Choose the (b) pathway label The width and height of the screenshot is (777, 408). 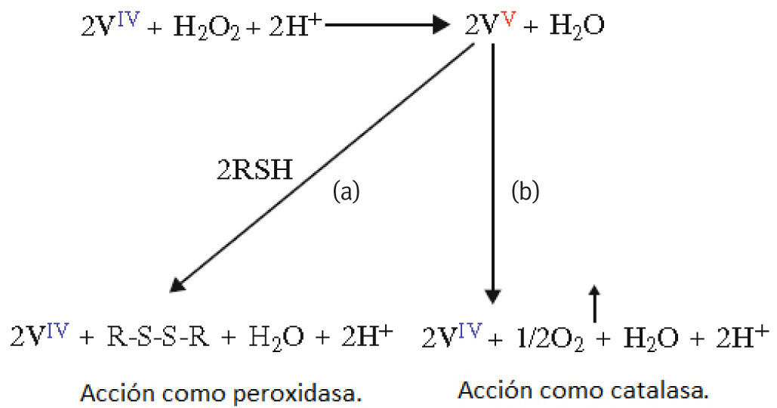526,193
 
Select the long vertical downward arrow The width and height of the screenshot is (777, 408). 492,174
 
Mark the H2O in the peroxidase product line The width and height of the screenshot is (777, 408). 271,336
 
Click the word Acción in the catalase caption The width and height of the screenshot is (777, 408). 490,391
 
